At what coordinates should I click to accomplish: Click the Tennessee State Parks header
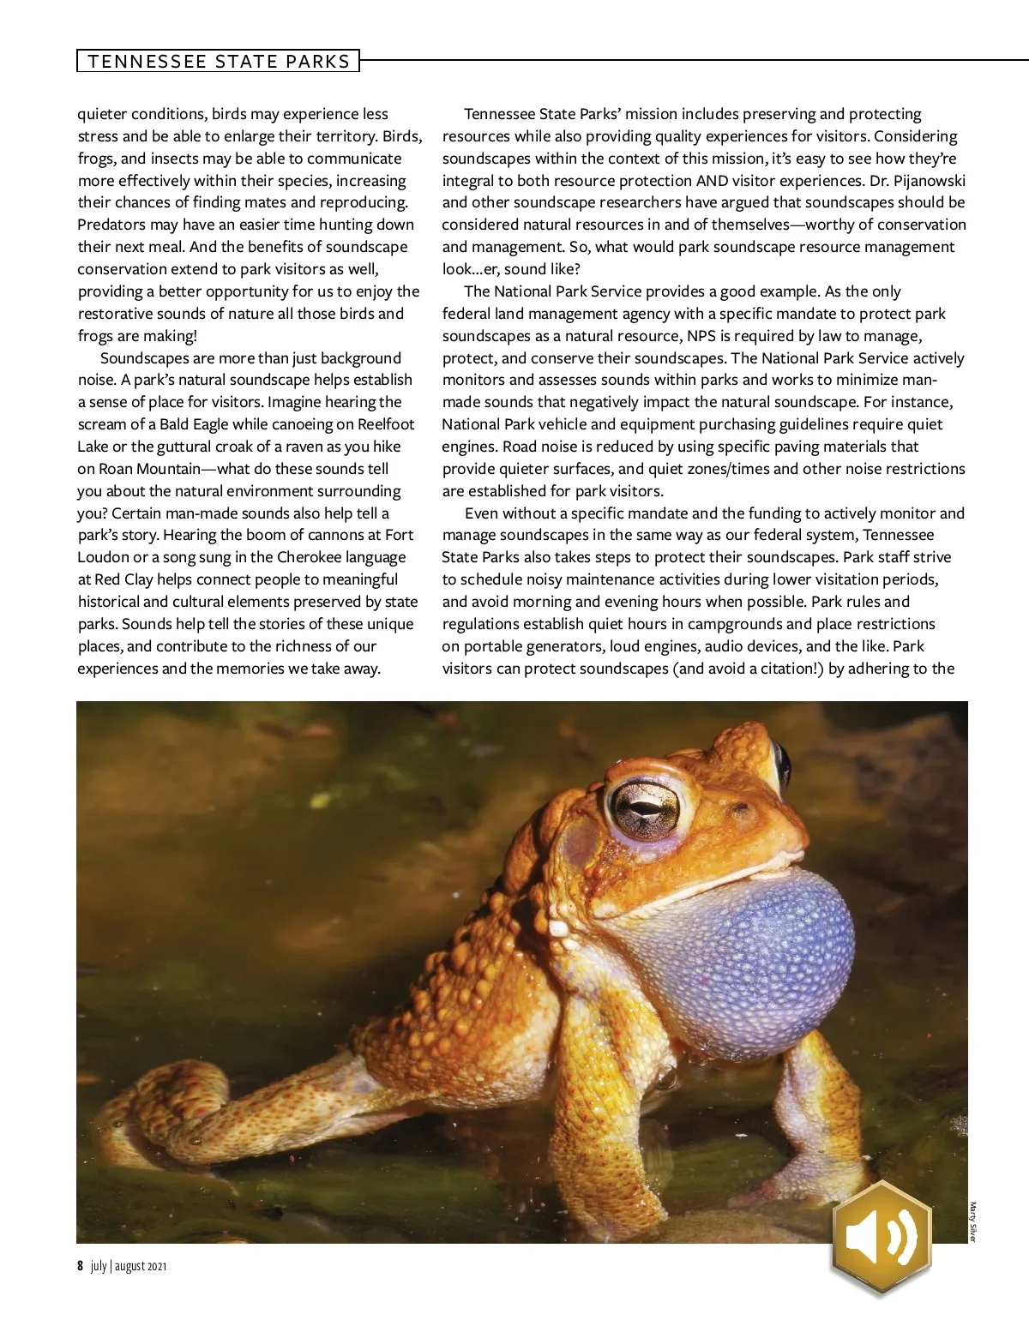[x=218, y=61]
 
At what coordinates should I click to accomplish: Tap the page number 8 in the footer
[x=80, y=1266]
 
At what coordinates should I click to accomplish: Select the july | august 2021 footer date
[x=129, y=1266]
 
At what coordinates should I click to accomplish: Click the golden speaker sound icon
[x=882, y=1237]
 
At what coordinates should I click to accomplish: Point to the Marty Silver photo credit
[x=972, y=1221]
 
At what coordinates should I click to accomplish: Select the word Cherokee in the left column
[x=315, y=557]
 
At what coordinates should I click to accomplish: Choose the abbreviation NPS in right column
[x=701, y=336]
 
